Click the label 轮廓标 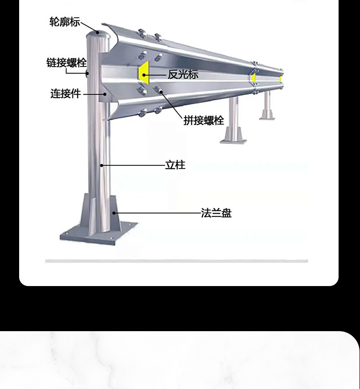pyautogui.click(x=65, y=21)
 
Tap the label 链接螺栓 pyautogui.click(x=67, y=62)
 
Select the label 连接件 pyautogui.click(x=66, y=94)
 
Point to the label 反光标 pyautogui.click(x=183, y=75)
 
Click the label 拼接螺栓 pyautogui.click(x=204, y=120)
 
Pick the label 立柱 pyautogui.click(x=175, y=165)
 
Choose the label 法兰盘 pyautogui.click(x=216, y=213)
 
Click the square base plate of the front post pyautogui.click(x=98, y=232)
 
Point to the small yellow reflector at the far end pyautogui.click(x=280, y=79)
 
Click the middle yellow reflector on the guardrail pyautogui.click(x=253, y=78)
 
